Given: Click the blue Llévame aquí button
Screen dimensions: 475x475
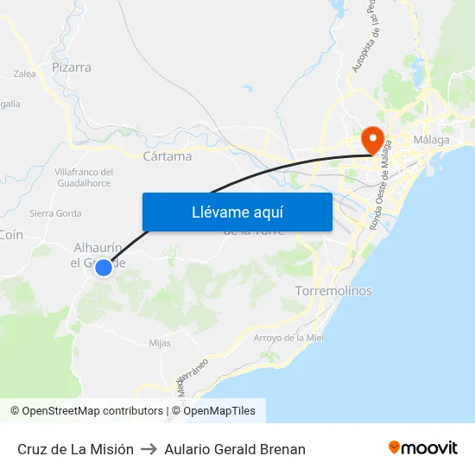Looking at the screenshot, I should (237, 212).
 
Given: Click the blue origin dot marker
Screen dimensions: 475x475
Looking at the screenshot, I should (103, 268).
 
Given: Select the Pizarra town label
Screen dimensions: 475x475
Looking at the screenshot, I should (72, 67).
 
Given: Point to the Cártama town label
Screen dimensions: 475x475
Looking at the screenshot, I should (167, 156).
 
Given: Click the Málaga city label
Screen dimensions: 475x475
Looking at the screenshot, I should (431, 140).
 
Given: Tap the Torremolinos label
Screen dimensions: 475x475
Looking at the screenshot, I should (333, 291).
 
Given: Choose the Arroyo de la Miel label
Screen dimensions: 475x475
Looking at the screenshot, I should (288, 338).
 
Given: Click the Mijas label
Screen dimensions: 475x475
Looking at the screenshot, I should (160, 343).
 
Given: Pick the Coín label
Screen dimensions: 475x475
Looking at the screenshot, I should (12, 235).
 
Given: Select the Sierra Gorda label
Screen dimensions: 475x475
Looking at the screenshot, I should (55, 213).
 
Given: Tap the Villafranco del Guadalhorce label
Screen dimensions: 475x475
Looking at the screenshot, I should (84, 178).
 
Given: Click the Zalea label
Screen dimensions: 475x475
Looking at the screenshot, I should (24, 74).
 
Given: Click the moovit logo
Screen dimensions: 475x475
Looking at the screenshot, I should (423, 448).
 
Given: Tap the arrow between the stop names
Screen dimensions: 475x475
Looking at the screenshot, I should (149, 449).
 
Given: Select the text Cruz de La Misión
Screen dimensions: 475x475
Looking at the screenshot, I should (75, 449).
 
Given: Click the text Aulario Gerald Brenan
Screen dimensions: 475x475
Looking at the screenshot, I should (235, 449).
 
